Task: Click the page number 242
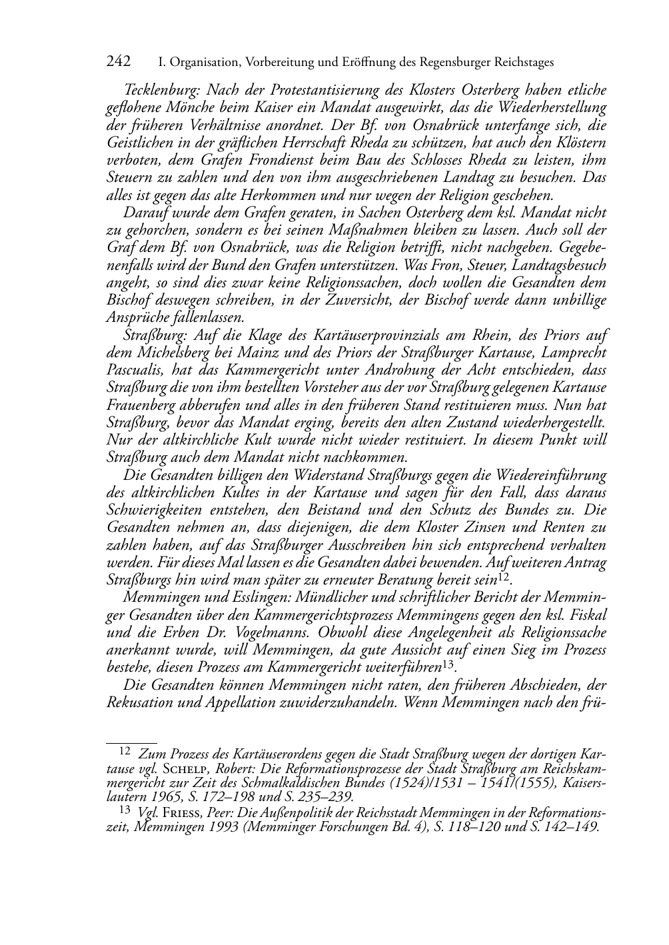pos(118,62)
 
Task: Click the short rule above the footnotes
pos(131,741)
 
